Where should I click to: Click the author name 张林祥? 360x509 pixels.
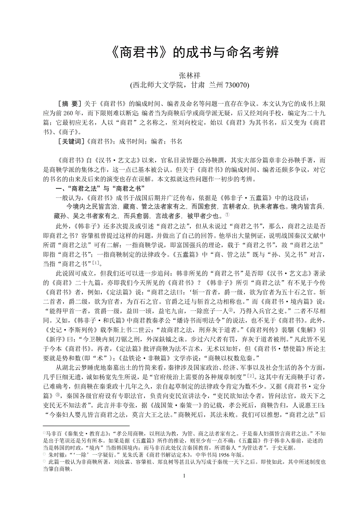[189, 75]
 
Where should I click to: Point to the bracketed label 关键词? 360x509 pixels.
[71, 142]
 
